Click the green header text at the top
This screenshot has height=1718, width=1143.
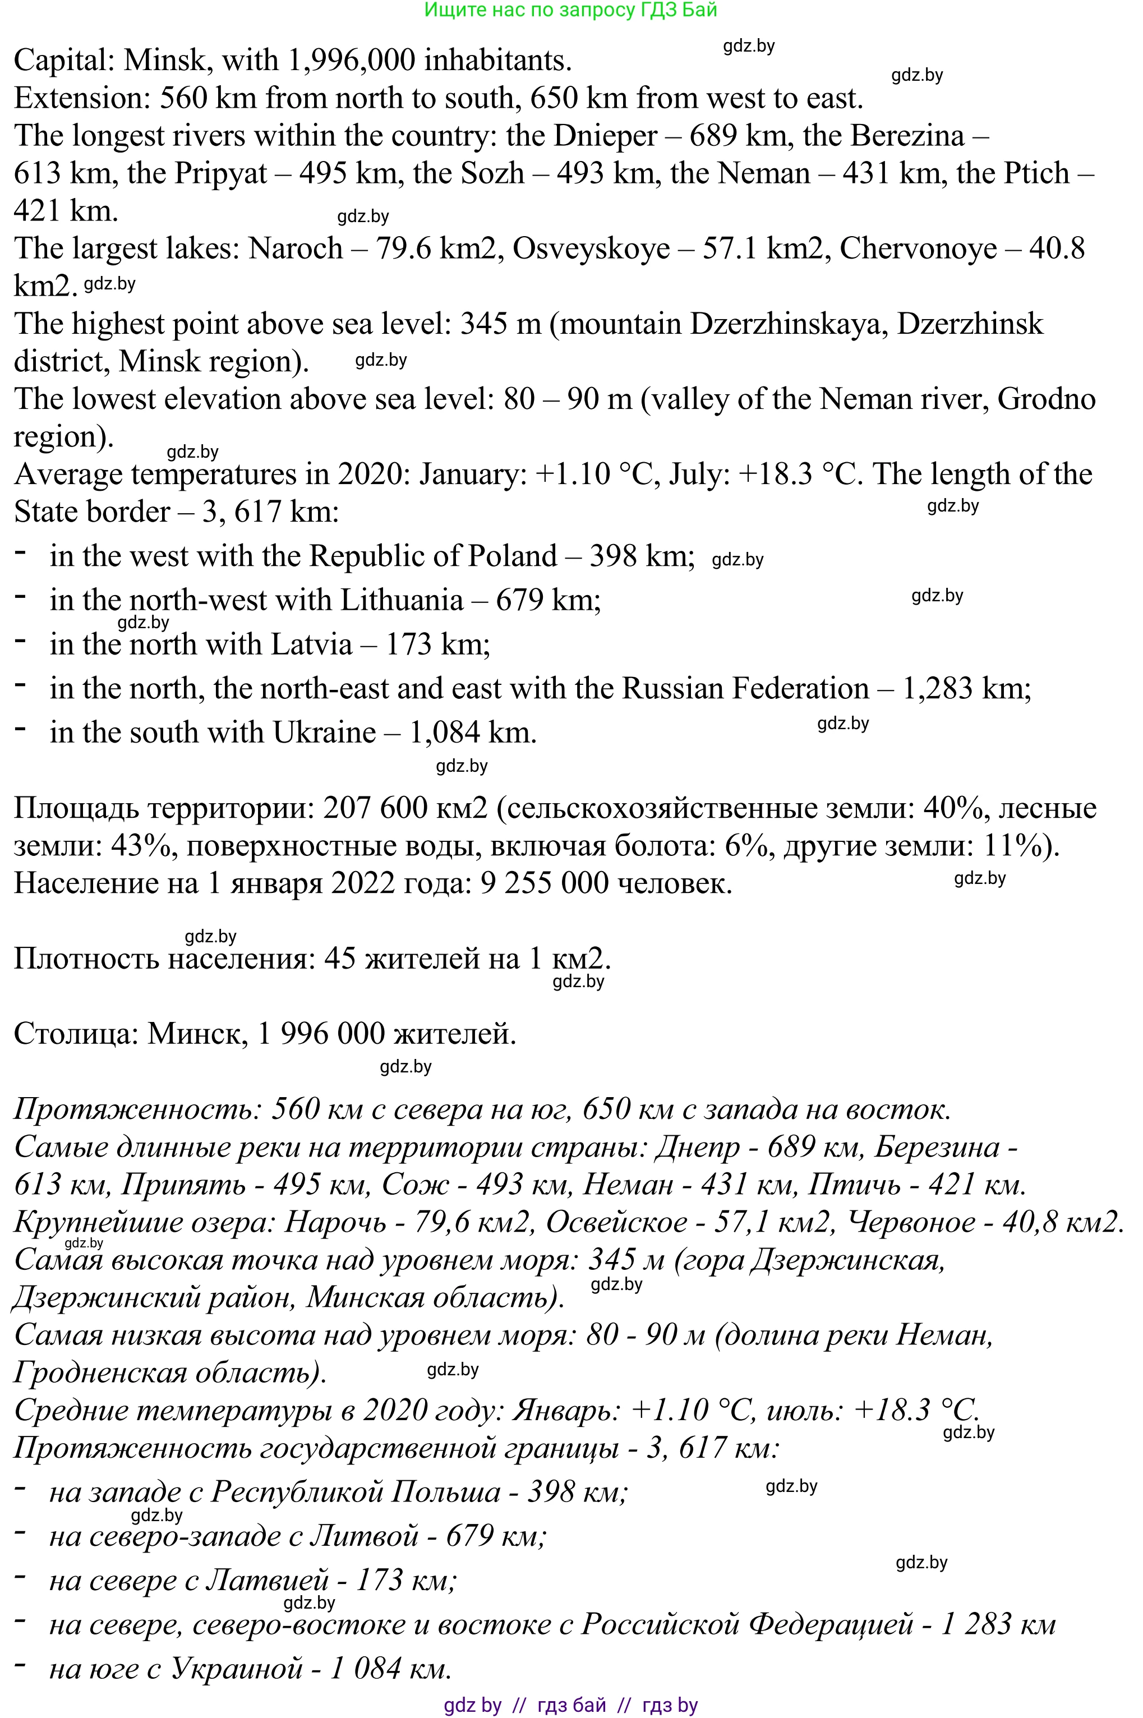pyautogui.click(x=571, y=10)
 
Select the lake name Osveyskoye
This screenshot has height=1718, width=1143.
pyautogui.click(x=591, y=249)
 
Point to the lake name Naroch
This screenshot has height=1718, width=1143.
pyautogui.click(x=295, y=249)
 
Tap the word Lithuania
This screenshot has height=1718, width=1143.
pyautogui.click(x=402, y=601)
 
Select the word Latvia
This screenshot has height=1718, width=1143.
pyautogui.click(x=311, y=645)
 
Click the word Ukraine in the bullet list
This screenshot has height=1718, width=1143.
pyautogui.click(x=324, y=733)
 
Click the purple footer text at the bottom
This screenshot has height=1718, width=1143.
pyautogui.click(x=571, y=1706)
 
